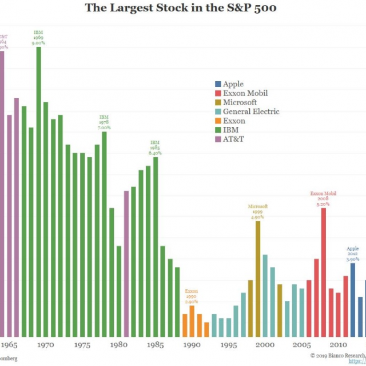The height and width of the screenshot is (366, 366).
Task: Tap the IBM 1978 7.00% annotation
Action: point(104,122)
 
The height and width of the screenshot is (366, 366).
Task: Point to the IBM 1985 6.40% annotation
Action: point(155,148)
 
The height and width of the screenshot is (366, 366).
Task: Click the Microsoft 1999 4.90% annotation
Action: point(258,212)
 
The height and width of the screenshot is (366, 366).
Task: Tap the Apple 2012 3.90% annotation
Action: point(352,254)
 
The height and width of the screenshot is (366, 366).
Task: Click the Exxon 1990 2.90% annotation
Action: point(191,296)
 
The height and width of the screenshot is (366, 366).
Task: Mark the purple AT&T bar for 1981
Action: point(126,264)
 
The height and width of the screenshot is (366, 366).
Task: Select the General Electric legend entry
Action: point(250,112)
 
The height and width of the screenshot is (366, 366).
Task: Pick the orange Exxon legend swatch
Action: point(218,121)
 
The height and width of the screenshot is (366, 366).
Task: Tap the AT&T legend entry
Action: point(233,139)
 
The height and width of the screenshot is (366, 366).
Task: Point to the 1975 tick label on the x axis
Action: point(82,345)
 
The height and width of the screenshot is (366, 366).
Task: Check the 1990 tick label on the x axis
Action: point(192,345)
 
